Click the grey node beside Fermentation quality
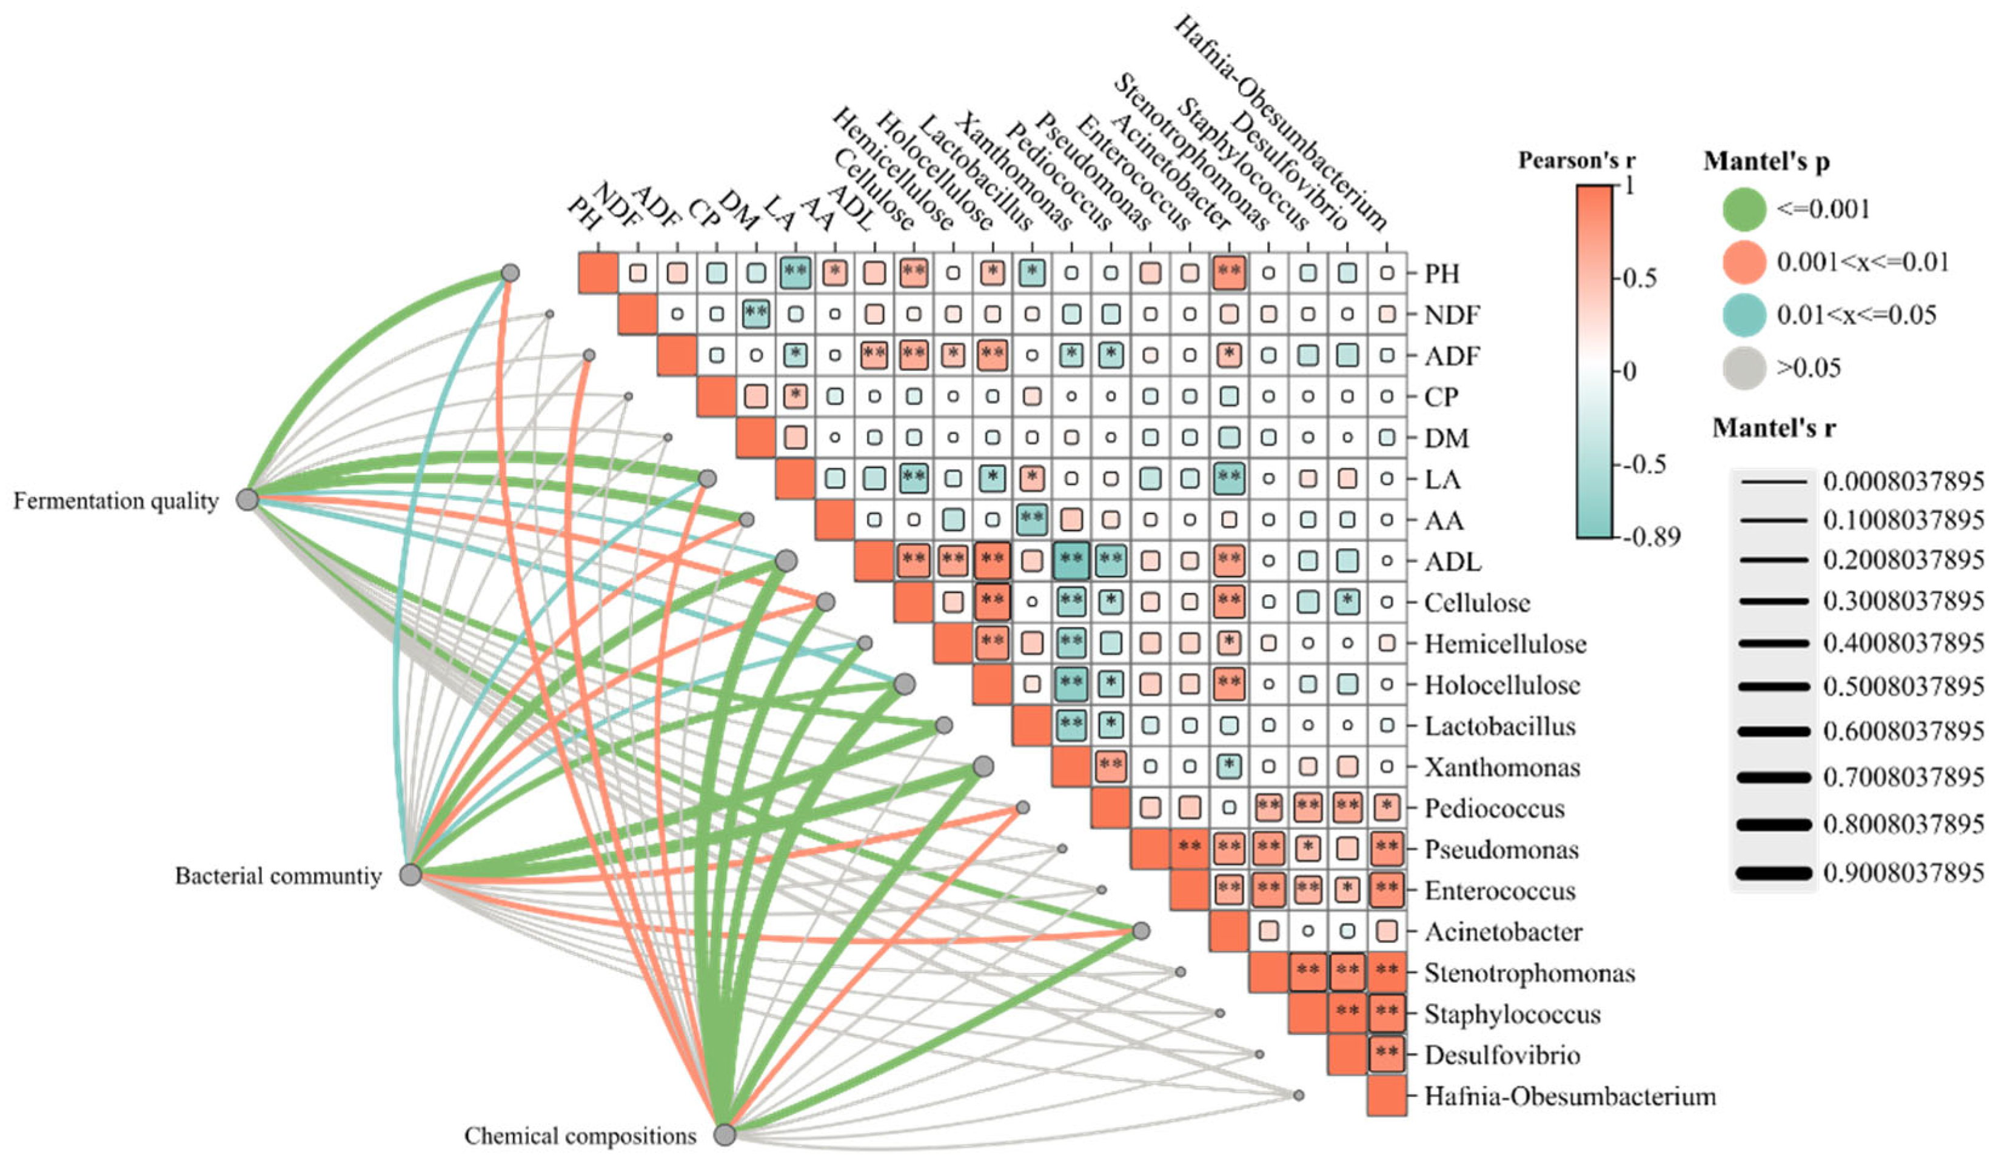pyautogui.click(x=247, y=499)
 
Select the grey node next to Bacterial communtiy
pyautogui.click(x=410, y=875)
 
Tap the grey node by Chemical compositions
pyautogui.click(x=725, y=1135)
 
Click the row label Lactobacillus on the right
pyautogui.click(x=1499, y=726)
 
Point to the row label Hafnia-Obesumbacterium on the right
pyautogui.click(x=1570, y=1096)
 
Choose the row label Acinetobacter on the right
pyautogui.click(x=1502, y=932)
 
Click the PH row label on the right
pyautogui.click(x=1442, y=273)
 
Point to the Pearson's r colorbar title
pyautogui.click(x=1576, y=161)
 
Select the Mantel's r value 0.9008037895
pyautogui.click(x=1903, y=873)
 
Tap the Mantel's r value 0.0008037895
pyautogui.click(x=1903, y=481)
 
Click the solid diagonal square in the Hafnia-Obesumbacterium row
pyautogui.click(x=1387, y=1096)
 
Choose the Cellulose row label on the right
pyautogui.click(x=1476, y=603)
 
